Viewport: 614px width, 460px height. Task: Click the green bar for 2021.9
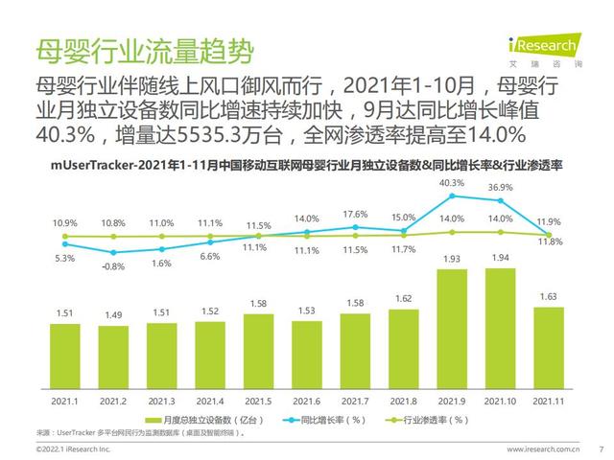tap(452, 329)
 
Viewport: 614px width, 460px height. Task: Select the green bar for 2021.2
tap(113, 357)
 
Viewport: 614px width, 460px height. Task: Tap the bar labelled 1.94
tap(501, 329)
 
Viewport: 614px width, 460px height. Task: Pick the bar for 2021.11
tap(549, 348)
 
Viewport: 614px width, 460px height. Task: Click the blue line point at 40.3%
tap(452, 195)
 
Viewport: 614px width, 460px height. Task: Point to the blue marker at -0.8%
tap(113, 253)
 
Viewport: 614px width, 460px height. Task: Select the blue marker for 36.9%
tap(501, 200)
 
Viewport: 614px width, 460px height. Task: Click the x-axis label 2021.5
tap(258, 402)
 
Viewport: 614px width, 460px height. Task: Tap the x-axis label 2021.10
tap(500, 402)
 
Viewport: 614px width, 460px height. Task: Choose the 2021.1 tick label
tap(64, 402)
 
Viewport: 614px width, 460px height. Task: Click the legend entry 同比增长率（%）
tap(324, 420)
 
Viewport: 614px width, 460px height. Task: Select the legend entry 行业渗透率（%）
tap(427, 420)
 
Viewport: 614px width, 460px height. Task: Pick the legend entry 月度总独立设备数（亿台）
tap(204, 420)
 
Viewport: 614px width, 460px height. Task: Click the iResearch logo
tap(545, 50)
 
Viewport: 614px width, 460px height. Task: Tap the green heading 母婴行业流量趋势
tap(145, 51)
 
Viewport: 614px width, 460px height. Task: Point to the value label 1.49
tap(113, 315)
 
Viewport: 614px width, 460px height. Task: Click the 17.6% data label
tap(355, 215)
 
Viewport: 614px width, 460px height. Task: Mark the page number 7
tap(602, 449)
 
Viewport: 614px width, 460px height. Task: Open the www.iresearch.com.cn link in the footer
tap(543, 449)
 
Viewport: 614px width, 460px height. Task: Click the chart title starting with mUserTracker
tap(307, 166)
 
